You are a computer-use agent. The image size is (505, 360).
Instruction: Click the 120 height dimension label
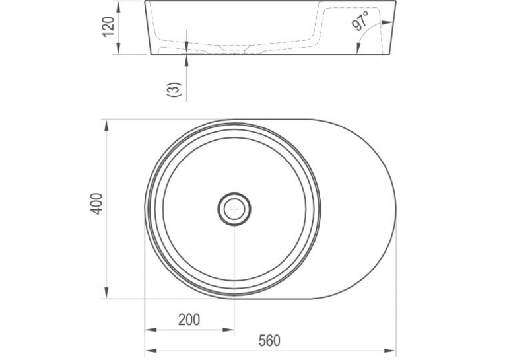[x=108, y=26]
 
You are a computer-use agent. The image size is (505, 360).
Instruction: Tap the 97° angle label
[x=360, y=20]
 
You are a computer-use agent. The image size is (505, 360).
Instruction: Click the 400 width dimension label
[x=96, y=203]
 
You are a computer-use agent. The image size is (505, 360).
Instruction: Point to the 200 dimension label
[x=189, y=320]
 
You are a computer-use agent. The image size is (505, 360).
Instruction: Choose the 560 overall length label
[x=269, y=341]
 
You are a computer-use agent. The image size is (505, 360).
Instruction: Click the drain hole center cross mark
[x=234, y=209]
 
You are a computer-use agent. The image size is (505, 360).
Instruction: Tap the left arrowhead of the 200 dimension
[x=151, y=330]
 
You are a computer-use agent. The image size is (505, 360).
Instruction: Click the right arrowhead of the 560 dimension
[x=390, y=350]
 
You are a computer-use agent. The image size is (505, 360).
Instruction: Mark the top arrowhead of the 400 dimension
[x=106, y=126]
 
